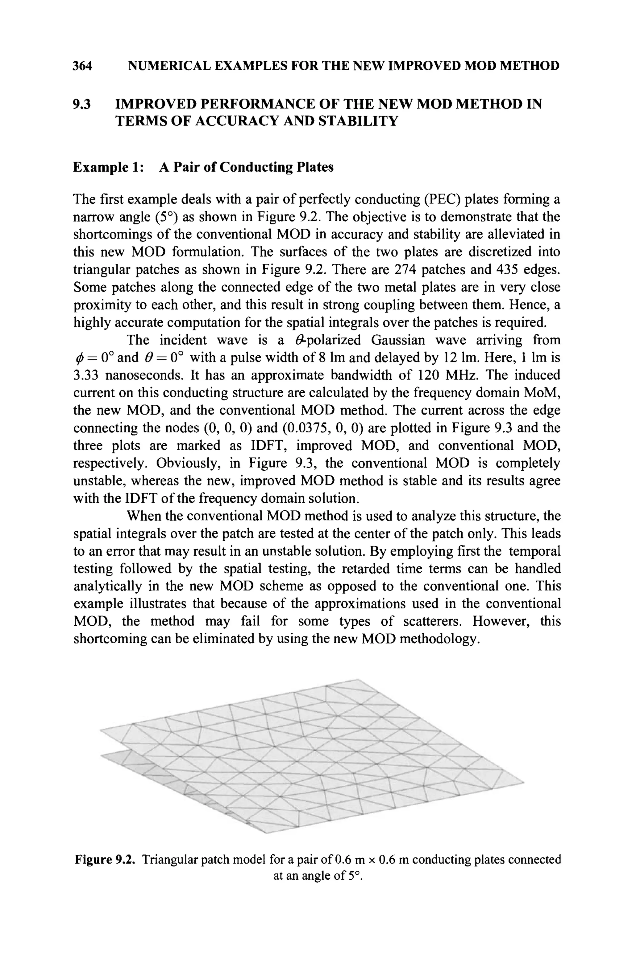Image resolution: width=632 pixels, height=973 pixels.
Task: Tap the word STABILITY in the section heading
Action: [358, 121]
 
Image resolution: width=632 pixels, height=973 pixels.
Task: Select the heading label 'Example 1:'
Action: [108, 167]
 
